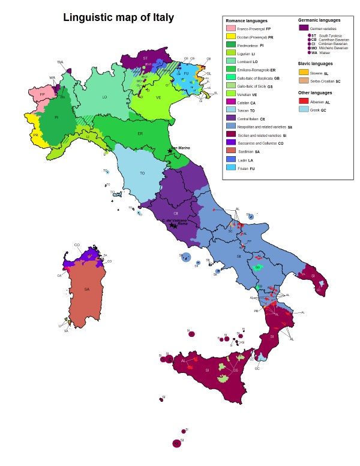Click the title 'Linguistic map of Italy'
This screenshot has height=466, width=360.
[x=119, y=17]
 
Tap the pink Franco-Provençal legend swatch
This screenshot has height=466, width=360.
[x=230, y=28]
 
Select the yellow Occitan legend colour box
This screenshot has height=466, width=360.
[x=230, y=37]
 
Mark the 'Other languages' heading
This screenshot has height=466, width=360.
[x=316, y=93]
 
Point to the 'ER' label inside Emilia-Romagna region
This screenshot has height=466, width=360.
[x=140, y=133]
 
